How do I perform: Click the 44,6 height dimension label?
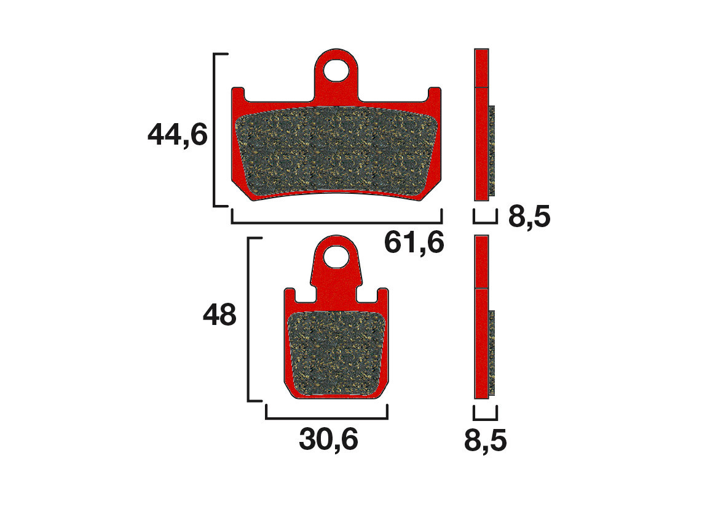pos(178,135)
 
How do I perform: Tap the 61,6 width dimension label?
pos(414,242)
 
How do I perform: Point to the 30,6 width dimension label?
pos(328,439)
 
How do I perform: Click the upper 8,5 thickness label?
pos(529,217)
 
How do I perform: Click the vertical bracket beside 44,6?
pos(215,130)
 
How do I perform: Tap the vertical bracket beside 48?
pos(248,319)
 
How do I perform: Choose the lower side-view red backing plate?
pos(482,317)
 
